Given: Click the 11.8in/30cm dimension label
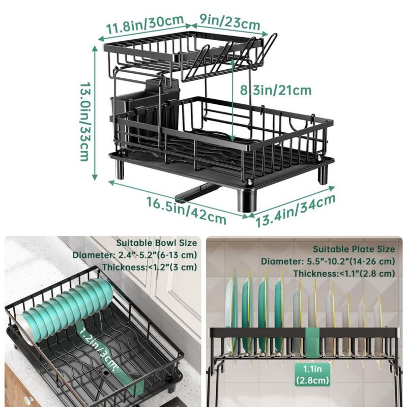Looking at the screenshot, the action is (145, 24).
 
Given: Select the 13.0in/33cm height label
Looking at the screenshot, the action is (85, 122).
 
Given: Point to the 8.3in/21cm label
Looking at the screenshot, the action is (275, 90).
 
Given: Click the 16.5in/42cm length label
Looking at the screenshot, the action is (186, 211).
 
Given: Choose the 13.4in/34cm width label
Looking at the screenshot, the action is (296, 211).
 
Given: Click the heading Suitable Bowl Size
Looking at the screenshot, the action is (157, 243).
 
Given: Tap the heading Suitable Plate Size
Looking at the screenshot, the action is (354, 249).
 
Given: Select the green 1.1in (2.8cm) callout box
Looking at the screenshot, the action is (312, 374).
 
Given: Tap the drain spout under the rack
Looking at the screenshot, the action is (198, 192).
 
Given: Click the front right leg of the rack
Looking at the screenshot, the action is (247, 200).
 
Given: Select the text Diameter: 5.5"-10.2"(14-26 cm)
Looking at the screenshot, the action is (328, 261).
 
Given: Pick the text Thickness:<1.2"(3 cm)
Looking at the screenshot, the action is (150, 267).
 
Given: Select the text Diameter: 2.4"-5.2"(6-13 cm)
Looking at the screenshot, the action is (135, 255).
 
